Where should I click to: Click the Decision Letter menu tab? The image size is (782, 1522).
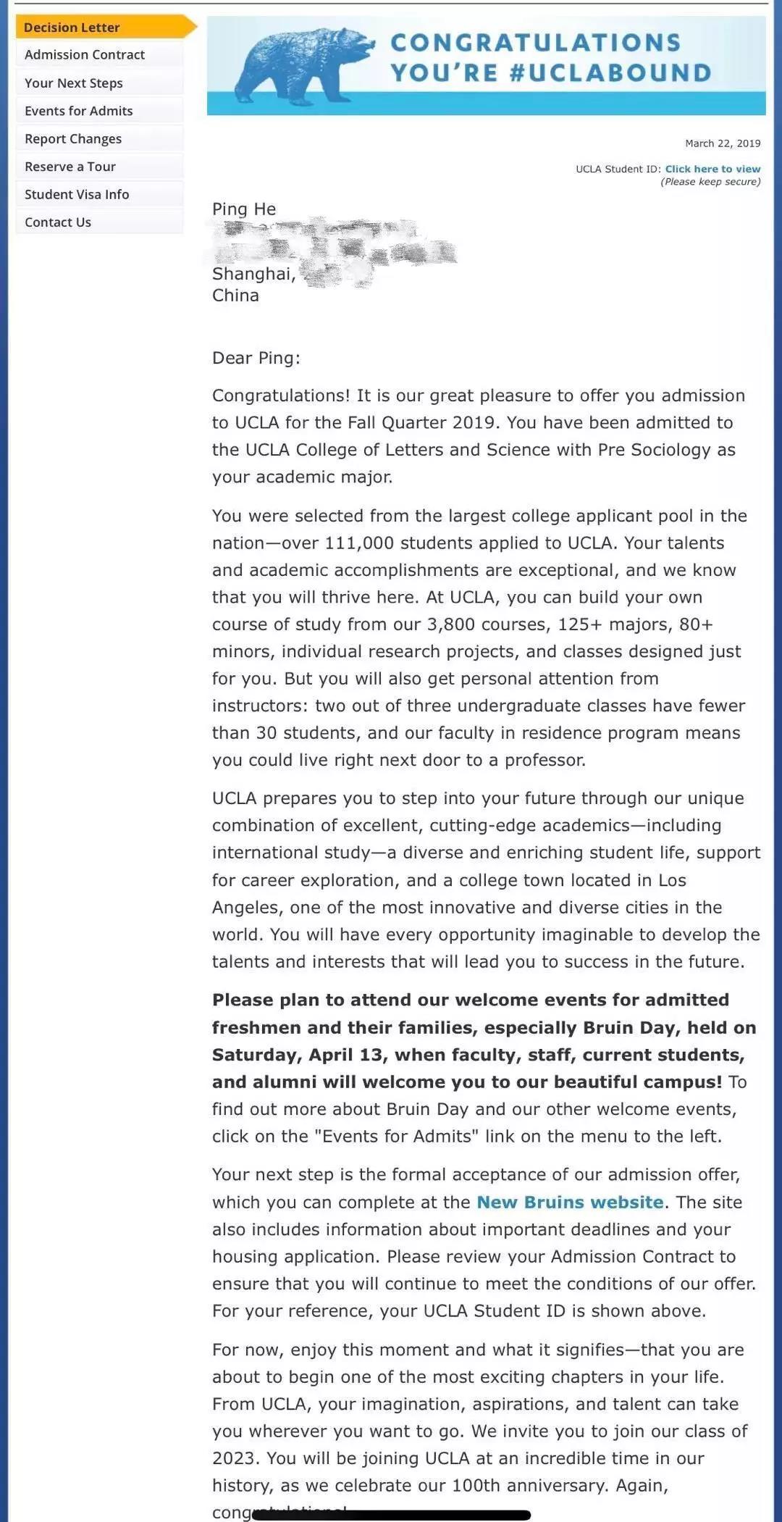(x=72, y=28)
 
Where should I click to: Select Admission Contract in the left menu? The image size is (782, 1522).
(x=85, y=55)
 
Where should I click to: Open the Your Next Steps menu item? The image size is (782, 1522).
(x=74, y=83)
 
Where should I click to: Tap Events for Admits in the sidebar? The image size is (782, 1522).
(x=79, y=111)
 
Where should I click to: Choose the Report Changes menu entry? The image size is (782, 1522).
(x=73, y=139)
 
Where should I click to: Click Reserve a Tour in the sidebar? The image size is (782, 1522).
(x=70, y=167)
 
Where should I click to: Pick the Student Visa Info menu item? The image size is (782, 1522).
(x=77, y=194)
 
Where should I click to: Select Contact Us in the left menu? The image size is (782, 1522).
(x=58, y=222)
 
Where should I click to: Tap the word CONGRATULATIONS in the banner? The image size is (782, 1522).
(x=536, y=43)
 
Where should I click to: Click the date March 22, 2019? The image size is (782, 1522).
(x=723, y=143)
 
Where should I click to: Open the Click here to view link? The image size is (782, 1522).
(x=712, y=169)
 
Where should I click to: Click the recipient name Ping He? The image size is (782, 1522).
(x=244, y=209)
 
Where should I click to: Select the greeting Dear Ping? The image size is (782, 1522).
(x=256, y=358)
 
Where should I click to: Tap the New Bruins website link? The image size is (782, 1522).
(x=570, y=1203)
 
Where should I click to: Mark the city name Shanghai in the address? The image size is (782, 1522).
(x=253, y=274)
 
